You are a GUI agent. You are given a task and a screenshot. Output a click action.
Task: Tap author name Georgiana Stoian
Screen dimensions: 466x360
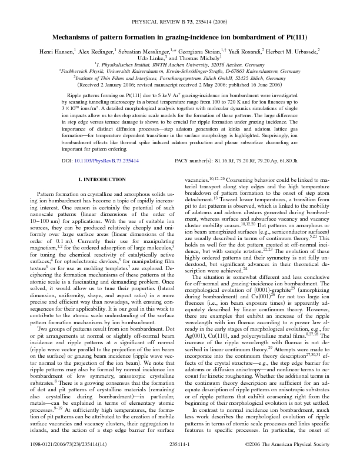click(209, 51)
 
